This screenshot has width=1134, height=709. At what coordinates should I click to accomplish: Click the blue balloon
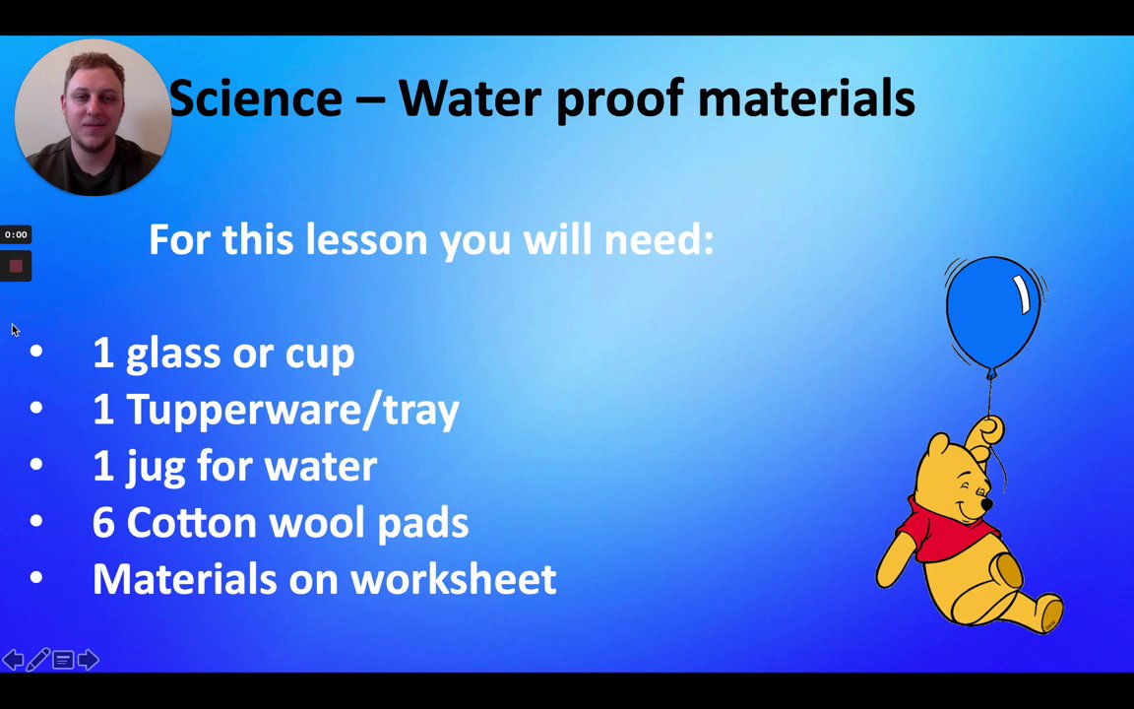pyautogui.click(x=993, y=315)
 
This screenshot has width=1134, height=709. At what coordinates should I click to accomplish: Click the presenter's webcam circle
pyautogui.click(x=93, y=117)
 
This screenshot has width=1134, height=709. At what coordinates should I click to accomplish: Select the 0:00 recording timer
pyautogui.click(x=15, y=234)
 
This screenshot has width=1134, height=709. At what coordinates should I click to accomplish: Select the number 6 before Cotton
pyautogui.click(x=103, y=522)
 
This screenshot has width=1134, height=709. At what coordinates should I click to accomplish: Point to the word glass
pyautogui.click(x=173, y=354)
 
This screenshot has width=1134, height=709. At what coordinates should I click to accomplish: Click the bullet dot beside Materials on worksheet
pyautogui.click(x=36, y=577)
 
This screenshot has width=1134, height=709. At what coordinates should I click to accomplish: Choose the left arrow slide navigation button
pyautogui.click(x=13, y=660)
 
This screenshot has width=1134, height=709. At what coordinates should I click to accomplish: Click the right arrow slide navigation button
pyautogui.click(x=89, y=660)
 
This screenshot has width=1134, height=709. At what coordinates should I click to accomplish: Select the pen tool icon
pyautogui.click(x=37, y=660)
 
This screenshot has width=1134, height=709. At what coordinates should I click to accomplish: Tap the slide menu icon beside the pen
pyautogui.click(x=63, y=660)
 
